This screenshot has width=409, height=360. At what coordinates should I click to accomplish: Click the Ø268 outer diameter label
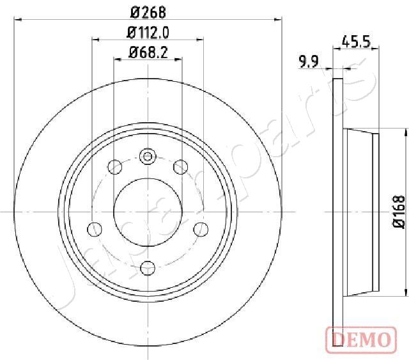point(148,11)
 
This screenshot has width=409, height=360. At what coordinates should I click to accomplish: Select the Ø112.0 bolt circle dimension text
point(148,32)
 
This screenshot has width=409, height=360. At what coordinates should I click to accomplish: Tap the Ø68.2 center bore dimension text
point(148,52)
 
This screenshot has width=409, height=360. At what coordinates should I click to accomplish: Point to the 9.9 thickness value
point(309,61)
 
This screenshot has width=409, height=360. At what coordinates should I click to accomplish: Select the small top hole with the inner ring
point(148,156)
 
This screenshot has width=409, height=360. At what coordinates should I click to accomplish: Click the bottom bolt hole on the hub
point(148,267)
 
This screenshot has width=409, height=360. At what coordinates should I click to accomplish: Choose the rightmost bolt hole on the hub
point(201,228)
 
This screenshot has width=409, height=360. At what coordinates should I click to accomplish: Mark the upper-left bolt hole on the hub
point(115,168)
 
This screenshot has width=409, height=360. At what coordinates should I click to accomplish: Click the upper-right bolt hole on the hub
point(180,168)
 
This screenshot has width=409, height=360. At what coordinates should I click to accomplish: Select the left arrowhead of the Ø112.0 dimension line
point(95,40)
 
